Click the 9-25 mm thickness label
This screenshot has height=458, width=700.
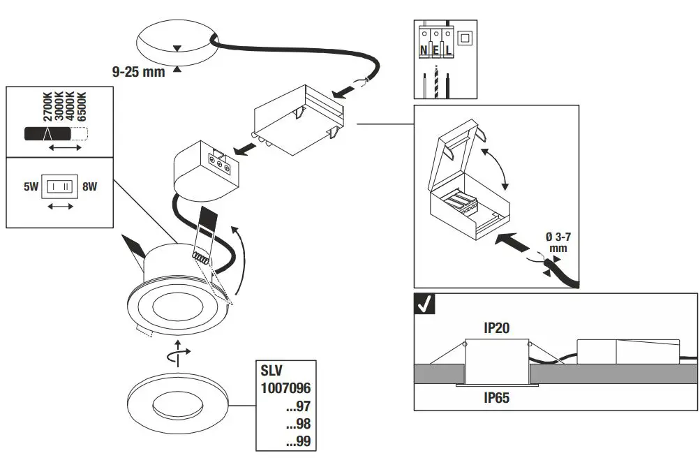point(138,71)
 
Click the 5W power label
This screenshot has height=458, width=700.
point(30,187)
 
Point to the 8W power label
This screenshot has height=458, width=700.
point(89,187)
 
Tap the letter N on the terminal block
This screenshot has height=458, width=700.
point(424,51)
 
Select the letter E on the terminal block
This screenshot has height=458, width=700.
point(436,51)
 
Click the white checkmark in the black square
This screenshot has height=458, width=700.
point(424,304)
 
